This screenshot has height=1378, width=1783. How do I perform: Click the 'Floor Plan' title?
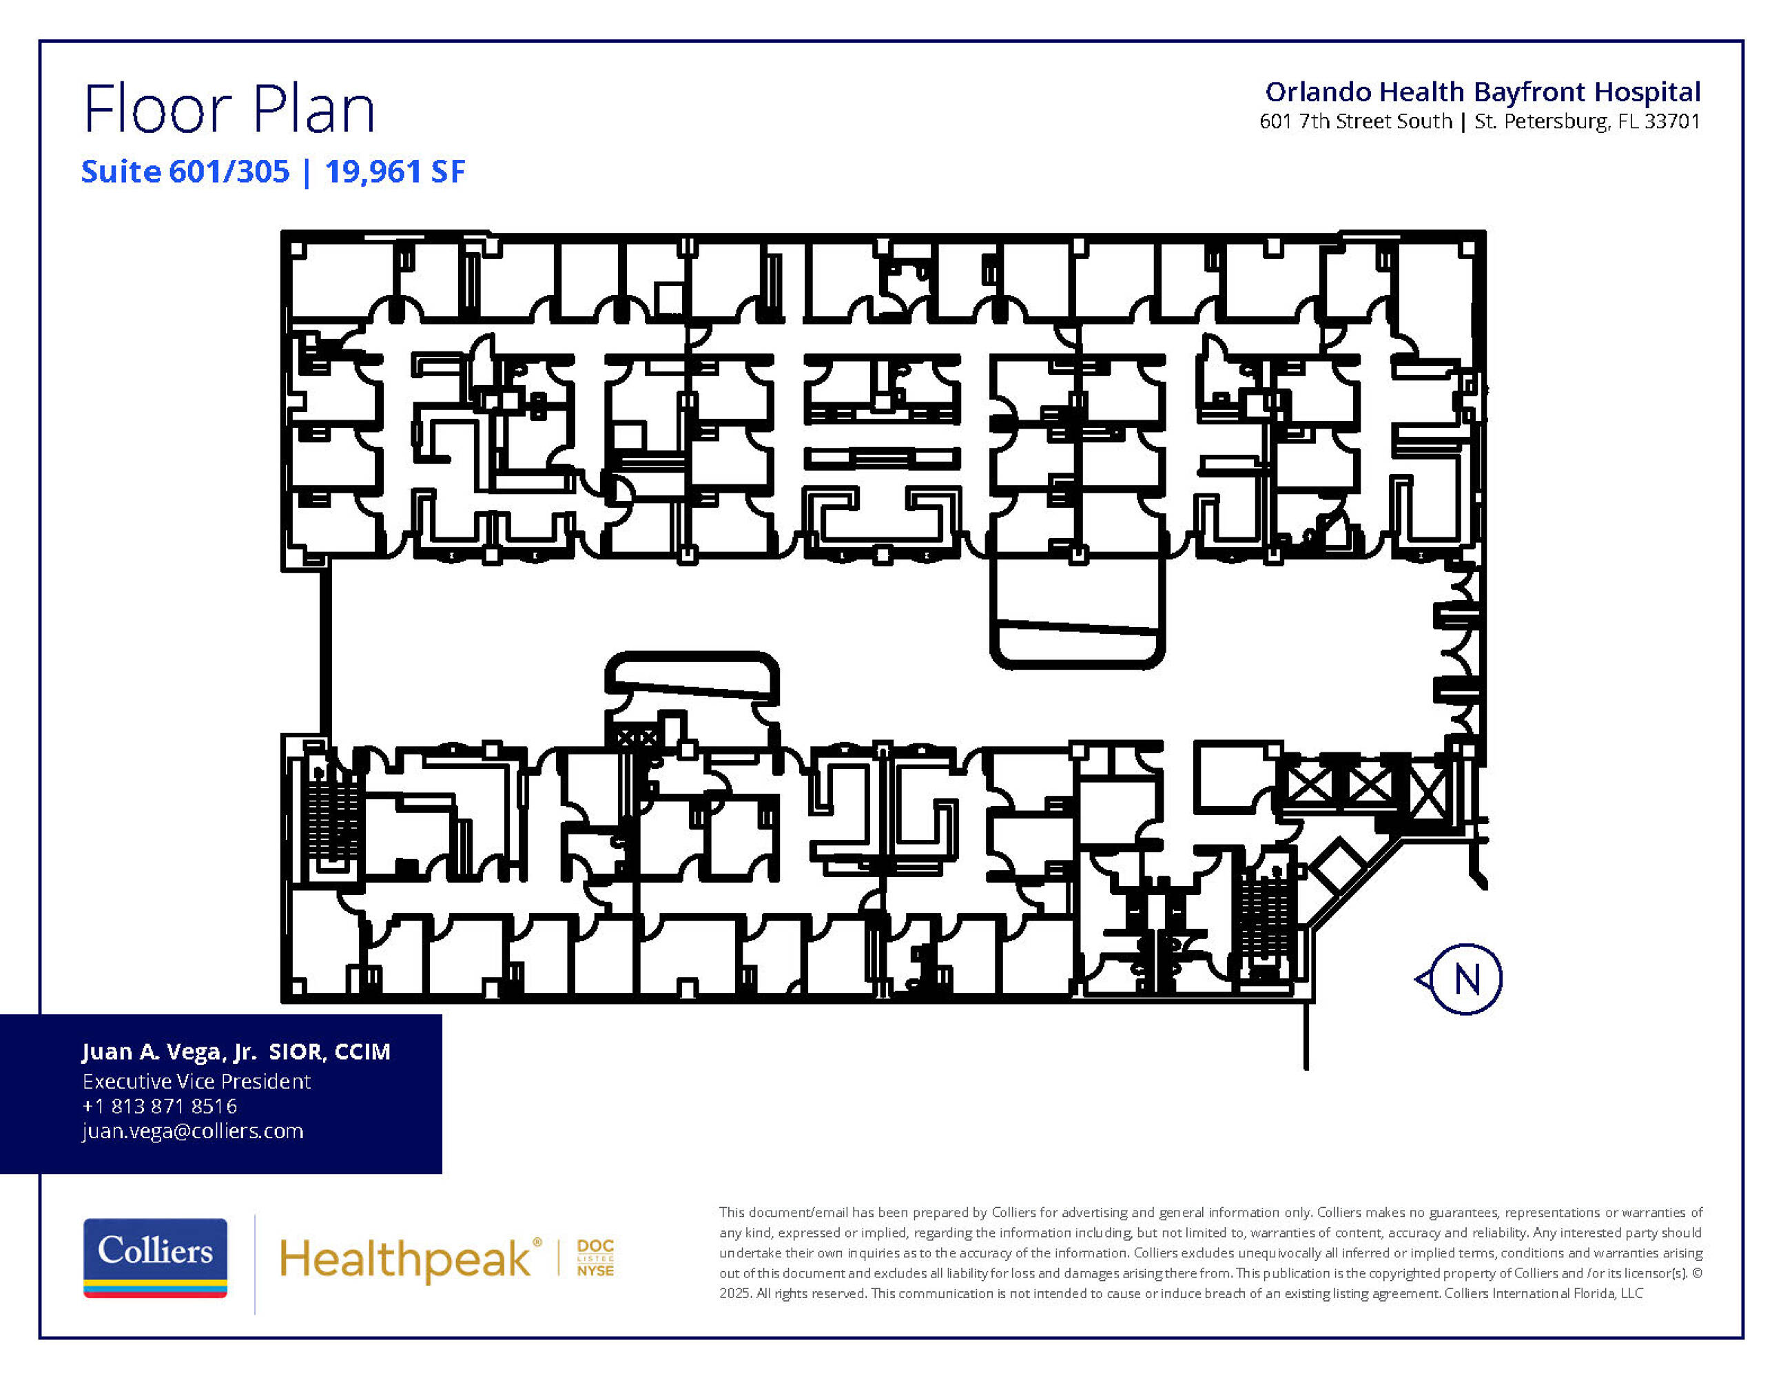click(x=229, y=109)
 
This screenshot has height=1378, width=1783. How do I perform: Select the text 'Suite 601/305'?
click(x=185, y=172)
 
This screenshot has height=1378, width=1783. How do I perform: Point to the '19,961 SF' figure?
click(x=395, y=172)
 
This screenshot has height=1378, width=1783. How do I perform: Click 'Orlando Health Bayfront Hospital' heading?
click(x=1483, y=92)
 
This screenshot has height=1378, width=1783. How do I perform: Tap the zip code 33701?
click(x=1672, y=122)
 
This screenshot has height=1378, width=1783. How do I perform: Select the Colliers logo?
click(x=155, y=1257)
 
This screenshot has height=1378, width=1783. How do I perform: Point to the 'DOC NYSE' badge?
click(x=595, y=1258)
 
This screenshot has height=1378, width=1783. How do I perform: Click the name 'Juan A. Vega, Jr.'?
click(x=169, y=1052)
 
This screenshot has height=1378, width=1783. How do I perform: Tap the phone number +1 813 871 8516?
click(x=160, y=1106)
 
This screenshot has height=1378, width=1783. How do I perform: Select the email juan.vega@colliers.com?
click(x=193, y=1131)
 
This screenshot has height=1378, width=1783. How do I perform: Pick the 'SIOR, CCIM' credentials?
click(x=330, y=1052)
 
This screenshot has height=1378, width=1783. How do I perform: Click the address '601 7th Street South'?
click(x=1356, y=122)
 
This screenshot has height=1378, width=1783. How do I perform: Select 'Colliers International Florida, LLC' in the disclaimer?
click(x=1544, y=1293)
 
